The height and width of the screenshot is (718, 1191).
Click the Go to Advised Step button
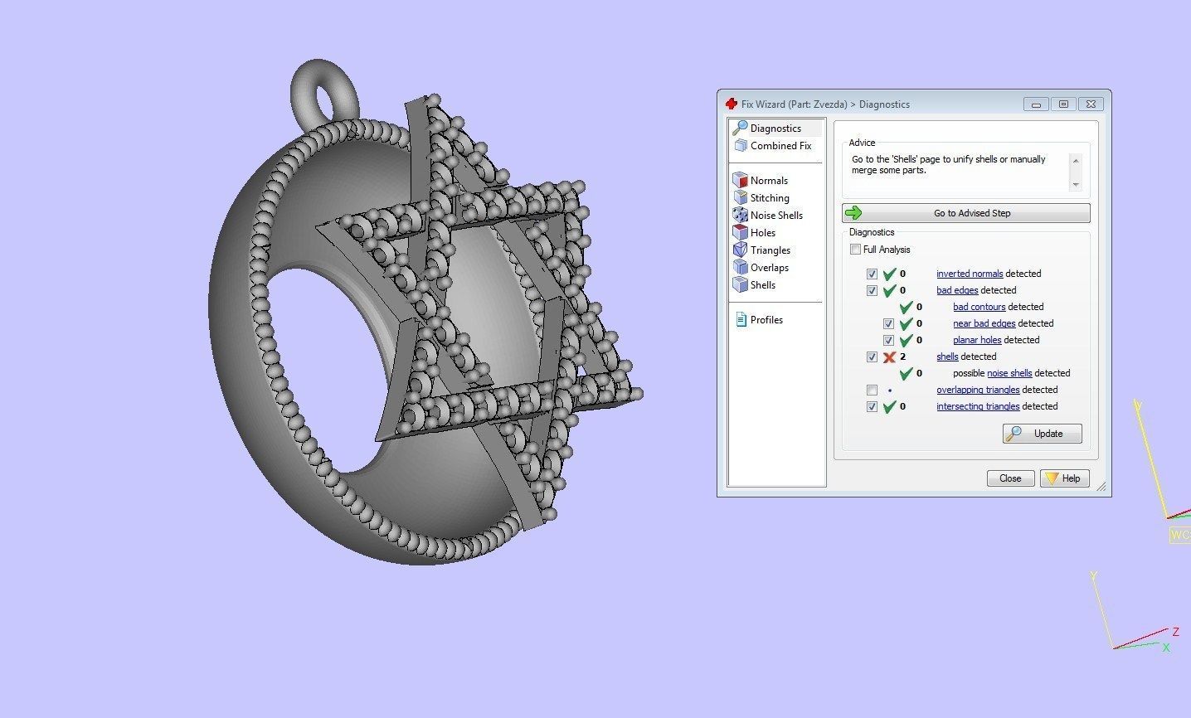(965, 213)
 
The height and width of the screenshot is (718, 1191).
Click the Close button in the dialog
(1010, 478)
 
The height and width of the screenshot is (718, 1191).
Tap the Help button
(1064, 478)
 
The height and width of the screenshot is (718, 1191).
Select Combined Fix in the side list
(780, 146)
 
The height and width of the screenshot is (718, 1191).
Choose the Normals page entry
(768, 181)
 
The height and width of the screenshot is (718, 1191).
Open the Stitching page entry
(769, 198)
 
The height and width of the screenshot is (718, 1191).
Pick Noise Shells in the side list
(775, 216)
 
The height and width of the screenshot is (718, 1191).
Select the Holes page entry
(762, 233)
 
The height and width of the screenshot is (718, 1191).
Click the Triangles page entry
(770, 250)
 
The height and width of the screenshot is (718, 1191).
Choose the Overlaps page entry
(769, 268)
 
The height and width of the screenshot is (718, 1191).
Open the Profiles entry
(766, 320)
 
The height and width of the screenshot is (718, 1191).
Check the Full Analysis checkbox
(855, 250)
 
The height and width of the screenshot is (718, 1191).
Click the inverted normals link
(969, 274)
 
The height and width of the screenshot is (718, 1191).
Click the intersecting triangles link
(977, 406)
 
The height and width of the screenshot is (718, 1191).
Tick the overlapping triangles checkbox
(872, 390)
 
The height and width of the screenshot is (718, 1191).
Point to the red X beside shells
(889, 357)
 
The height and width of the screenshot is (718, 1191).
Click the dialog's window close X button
(1091, 104)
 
